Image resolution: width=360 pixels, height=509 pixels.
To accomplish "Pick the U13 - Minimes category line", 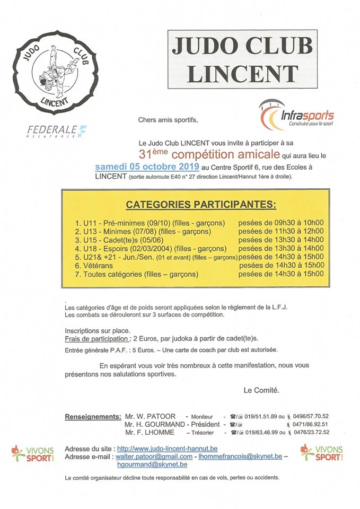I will (143, 231).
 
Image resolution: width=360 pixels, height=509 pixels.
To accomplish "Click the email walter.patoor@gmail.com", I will (154, 457).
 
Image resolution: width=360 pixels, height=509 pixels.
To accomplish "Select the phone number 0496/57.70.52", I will (308, 416).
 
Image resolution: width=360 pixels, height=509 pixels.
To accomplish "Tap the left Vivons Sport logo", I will (33, 453).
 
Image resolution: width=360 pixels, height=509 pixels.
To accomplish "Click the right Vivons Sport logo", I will (321, 452).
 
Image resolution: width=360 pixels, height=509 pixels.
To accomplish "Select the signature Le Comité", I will (261, 391).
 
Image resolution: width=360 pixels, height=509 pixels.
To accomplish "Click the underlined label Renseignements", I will (92, 416).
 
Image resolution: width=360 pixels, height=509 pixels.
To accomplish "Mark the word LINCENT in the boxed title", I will (242, 73).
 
